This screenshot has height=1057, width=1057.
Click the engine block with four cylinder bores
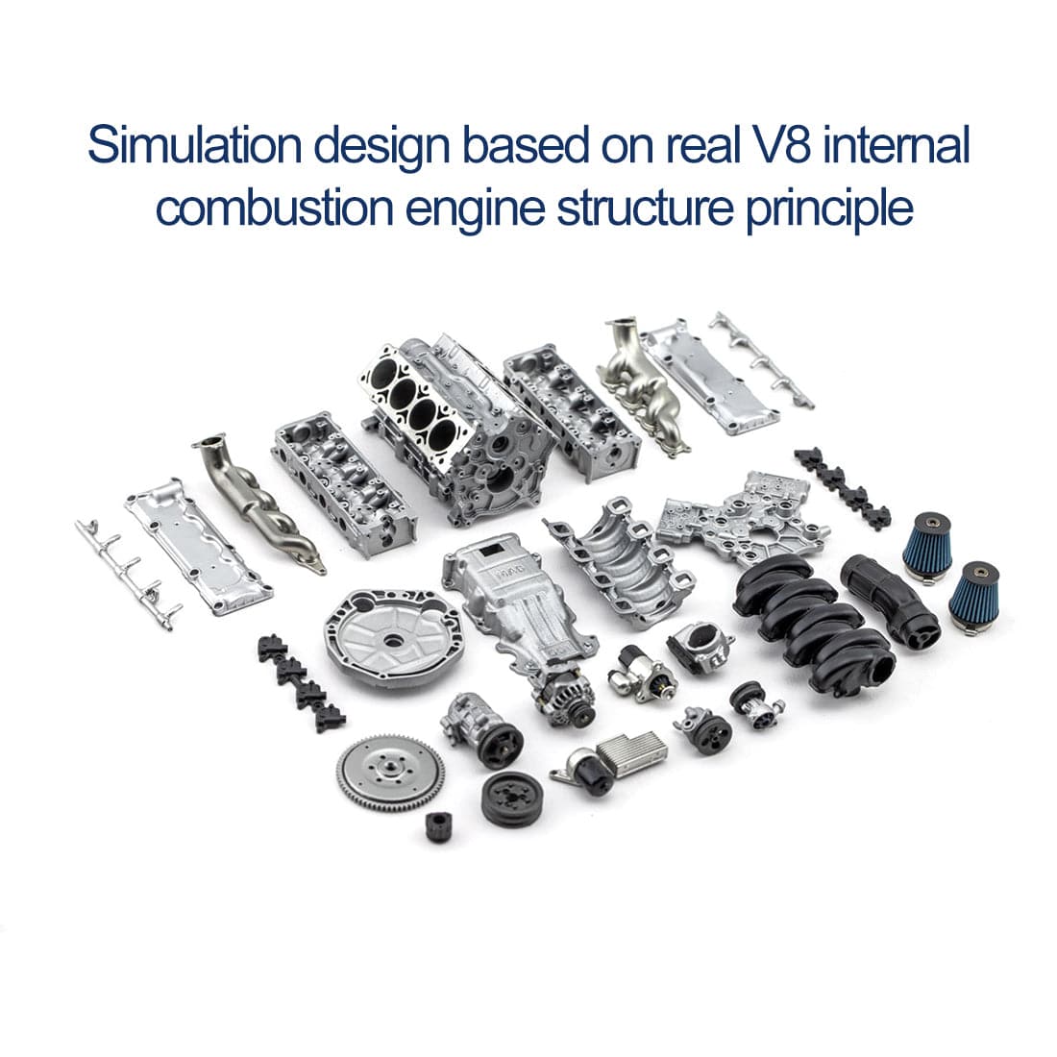point(452,423)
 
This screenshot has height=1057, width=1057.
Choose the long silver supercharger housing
point(500,601)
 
